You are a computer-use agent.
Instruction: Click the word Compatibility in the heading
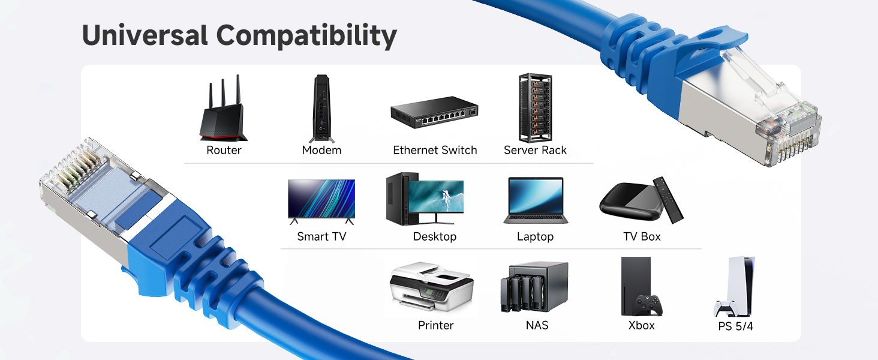[x=306, y=37]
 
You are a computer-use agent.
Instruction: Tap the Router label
[x=224, y=150]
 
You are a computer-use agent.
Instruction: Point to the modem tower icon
[x=321, y=108]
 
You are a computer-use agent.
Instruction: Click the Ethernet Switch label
[x=435, y=150]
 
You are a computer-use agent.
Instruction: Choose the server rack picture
[x=535, y=107]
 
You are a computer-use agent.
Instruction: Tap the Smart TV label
[x=321, y=236]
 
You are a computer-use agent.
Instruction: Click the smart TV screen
[x=321, y=199]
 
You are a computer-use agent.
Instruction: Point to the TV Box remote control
[x=667, y=199]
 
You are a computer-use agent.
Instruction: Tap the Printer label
[x=435, y=325]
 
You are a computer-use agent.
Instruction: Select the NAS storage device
[x=534, y=287]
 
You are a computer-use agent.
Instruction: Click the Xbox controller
[x=649, y=305]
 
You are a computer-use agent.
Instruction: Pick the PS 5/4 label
[x=735, y=327]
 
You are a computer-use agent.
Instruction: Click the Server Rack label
[x=535, y=150]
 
